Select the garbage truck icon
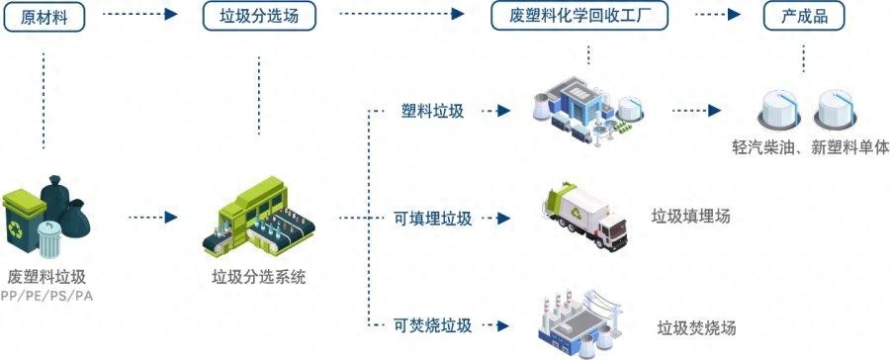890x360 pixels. pos(586,215)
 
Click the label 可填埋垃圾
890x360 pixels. pos(432,218)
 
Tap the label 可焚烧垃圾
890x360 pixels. pos(432,325)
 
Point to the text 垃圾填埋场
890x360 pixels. pos(691,217)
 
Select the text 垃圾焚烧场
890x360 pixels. pos(696,327)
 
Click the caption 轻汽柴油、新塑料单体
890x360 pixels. pos(805,147)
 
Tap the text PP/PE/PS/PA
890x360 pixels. pos(47,296)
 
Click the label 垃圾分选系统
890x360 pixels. pos(259,278)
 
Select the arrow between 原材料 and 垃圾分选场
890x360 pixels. pos(139,15)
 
